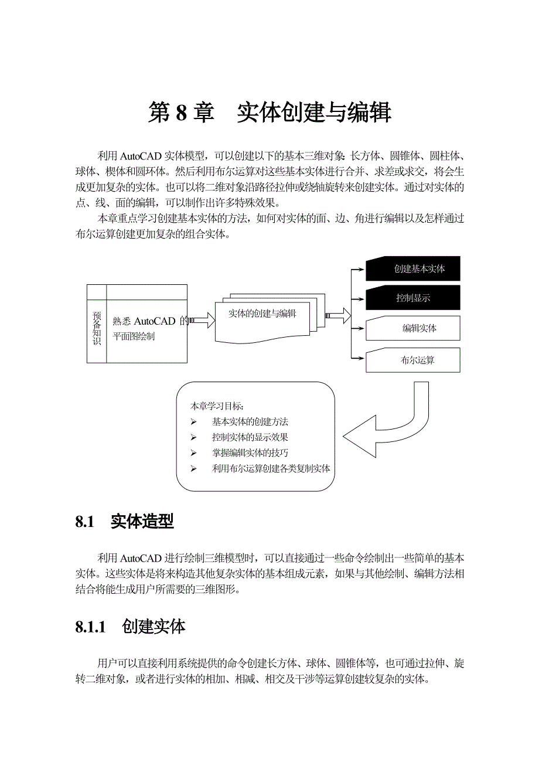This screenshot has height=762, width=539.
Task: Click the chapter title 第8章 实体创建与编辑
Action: pos(269,113)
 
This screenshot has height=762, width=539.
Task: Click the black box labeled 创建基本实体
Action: pos(413,268)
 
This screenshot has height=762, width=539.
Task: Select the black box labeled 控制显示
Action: pos(413,298)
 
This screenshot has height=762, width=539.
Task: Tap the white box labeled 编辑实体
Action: pos(413,328)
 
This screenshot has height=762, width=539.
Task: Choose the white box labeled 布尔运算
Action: pos(413,360)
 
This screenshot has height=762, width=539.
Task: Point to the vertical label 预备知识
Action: pos(97,328)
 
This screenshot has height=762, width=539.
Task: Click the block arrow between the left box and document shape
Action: pos(203,320)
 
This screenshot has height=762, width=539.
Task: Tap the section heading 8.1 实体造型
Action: pos(124,522)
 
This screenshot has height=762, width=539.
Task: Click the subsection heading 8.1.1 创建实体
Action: pos(130,627)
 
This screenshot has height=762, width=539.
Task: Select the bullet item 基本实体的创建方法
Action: pos(250,421)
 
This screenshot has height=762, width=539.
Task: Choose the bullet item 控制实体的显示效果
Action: pos(250,437)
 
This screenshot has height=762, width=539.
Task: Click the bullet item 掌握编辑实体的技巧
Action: pos(250,453)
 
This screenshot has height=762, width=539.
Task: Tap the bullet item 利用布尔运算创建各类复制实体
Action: pos(271,469)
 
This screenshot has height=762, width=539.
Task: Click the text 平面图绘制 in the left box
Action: pos(134,337)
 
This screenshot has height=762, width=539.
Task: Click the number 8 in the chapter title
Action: pos(180,113)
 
